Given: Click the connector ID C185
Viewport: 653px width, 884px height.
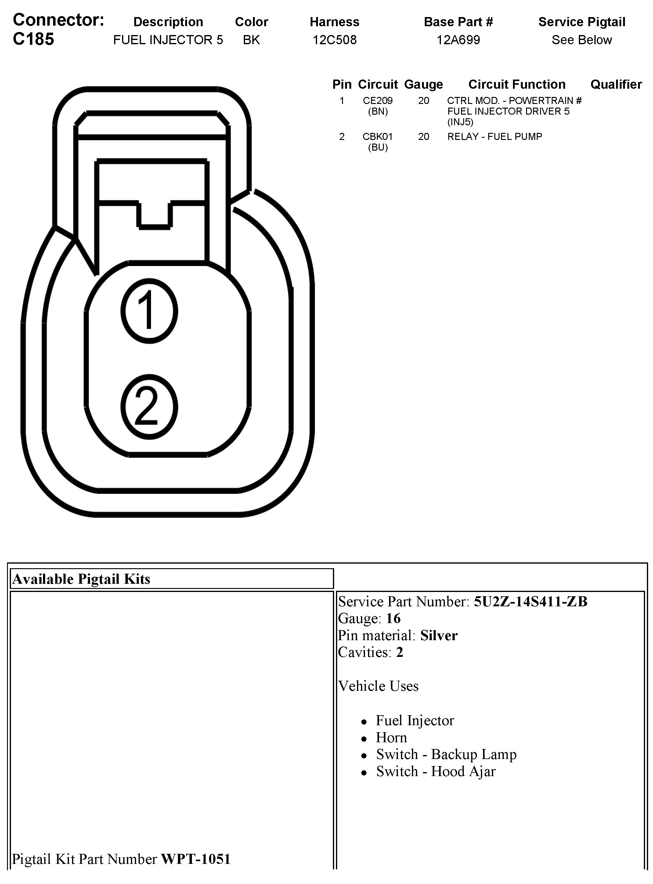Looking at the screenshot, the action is coord(34,39).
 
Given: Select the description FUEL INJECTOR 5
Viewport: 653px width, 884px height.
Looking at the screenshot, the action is coord(168,40).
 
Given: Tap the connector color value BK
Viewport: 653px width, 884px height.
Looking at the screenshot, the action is coord(251,40).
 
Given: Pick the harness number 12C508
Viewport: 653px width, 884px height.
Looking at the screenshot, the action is coord(334,40).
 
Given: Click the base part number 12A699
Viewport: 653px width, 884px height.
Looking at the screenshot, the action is coord(458,40).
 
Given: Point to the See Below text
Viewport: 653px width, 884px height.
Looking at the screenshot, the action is coord(582,40).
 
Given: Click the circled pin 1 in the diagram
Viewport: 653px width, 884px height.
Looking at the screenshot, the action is coord(149,311).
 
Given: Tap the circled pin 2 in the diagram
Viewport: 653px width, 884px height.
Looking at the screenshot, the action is coord(149,407).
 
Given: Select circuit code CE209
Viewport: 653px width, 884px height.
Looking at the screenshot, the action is coord(377,101).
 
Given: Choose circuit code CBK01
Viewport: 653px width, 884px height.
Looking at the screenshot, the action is coord(377,137).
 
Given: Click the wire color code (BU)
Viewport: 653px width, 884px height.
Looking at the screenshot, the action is coord(377,147).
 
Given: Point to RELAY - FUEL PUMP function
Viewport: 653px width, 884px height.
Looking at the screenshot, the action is coord(495,137).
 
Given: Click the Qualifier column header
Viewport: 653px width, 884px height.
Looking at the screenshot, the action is coord(616,84).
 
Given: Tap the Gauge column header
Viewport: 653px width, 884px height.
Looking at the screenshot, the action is coord(423,84).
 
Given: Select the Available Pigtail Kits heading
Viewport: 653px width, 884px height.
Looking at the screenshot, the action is coord(81,579).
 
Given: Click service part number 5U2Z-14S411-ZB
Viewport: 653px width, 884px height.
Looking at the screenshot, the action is coord(530,601).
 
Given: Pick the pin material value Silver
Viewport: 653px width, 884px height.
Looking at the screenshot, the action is coord(439,635).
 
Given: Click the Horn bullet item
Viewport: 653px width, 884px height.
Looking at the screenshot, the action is coord(391,737).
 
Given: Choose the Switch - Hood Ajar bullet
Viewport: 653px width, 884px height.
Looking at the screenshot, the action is coord(436,771).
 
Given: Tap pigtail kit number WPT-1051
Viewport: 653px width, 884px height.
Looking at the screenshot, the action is coord(196,859).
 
